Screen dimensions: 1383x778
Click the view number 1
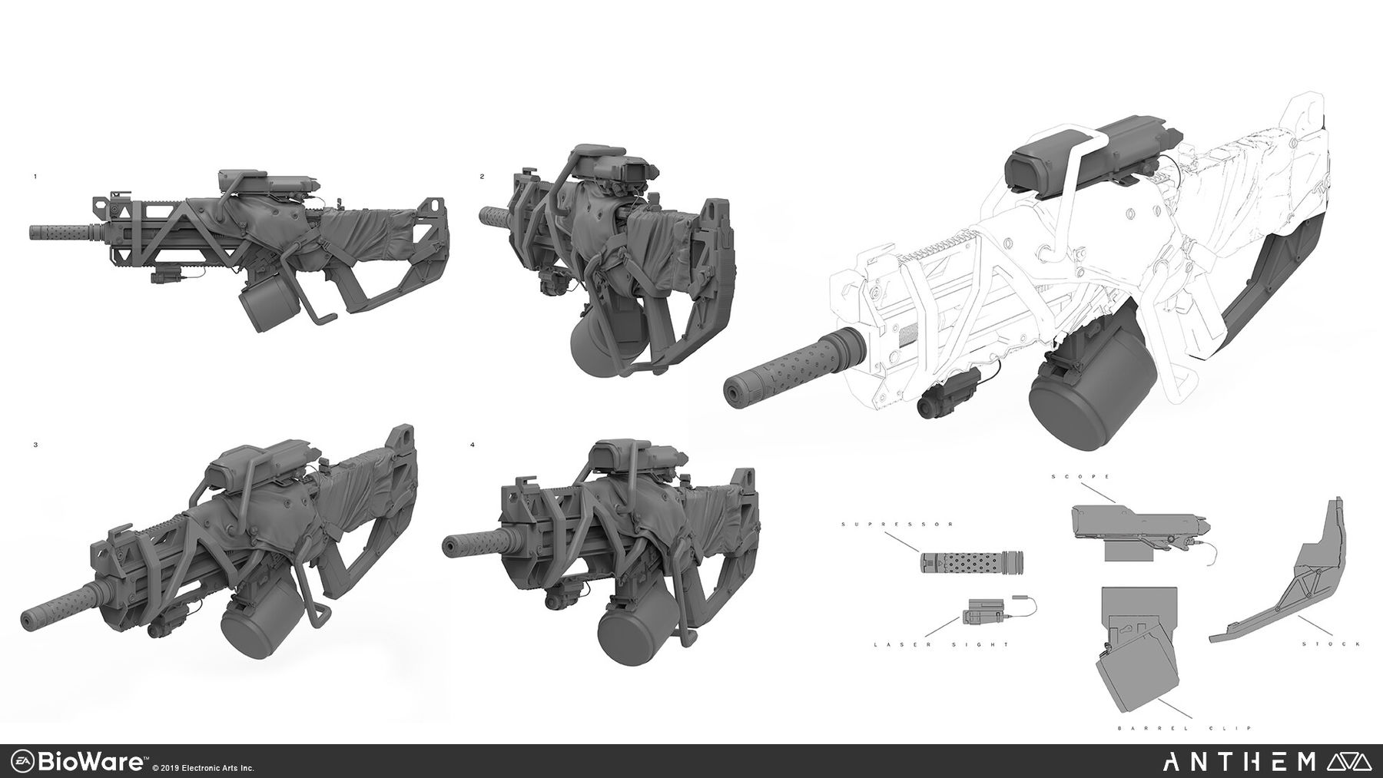point(35,177)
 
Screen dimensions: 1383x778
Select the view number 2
point(483,177)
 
